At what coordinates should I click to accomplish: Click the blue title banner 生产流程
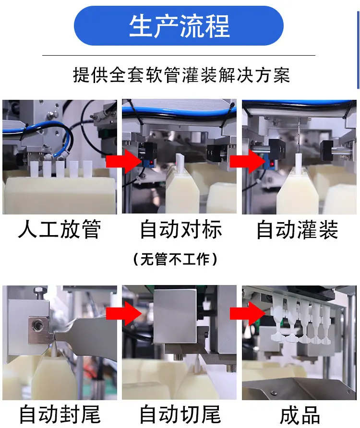pos(179,25)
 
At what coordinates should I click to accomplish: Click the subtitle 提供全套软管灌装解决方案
pos(181,75)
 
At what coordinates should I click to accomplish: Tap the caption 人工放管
pos(60,229)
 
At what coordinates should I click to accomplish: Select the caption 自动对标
pos(181,229)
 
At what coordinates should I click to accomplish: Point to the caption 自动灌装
pos(298,229)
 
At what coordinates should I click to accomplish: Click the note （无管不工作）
pos(175,259)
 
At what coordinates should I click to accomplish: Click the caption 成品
pos(300,415)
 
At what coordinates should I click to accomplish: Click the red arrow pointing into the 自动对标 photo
pos(123,161)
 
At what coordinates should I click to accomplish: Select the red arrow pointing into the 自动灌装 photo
pos(248,161)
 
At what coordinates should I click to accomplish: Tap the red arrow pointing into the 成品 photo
pos(248,313)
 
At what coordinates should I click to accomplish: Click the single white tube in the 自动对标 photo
pos(180,163)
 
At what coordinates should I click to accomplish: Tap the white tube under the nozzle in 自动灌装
pos(299,164)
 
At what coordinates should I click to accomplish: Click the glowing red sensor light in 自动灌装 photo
pos(273,164)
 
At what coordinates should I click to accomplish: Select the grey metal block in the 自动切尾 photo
pos(175,316)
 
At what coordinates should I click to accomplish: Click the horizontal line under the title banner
pos(179,55)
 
